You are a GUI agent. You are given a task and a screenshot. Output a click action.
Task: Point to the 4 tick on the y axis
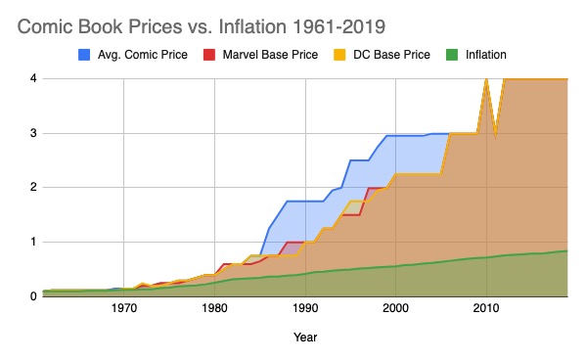(x=32, y=78)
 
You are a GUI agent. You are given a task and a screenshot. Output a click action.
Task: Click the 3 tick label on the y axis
(x=32, y=133)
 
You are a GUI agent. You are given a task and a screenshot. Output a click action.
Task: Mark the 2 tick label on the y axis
(x=32, y=187)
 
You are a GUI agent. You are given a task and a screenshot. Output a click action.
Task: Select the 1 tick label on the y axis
(x=32, y=242)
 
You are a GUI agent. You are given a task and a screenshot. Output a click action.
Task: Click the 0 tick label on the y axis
(x=32, y=295)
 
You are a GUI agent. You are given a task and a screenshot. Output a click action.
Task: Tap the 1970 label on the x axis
(x=124, y=309)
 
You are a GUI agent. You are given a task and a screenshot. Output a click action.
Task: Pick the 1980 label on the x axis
(x=215, y=309)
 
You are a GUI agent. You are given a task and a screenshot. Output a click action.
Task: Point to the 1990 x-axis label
(x=305, y=309)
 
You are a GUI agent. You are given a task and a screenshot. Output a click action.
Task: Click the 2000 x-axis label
(x=395, y=309)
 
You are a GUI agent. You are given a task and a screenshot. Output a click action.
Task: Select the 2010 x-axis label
(x=486, y=309)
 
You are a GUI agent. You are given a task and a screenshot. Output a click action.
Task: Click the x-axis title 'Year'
(x=304, y=337)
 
